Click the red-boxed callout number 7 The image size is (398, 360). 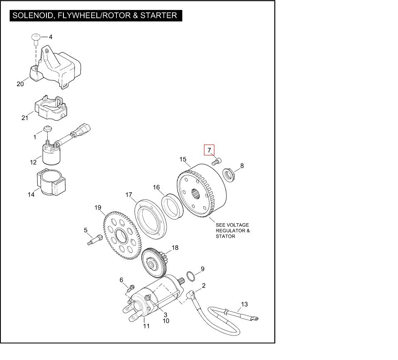tap(209, 150)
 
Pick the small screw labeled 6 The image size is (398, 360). tap(132, 287)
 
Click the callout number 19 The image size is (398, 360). tap(98, 208)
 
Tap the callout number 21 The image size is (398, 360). tap(25, 118)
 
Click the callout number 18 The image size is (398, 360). tap(175, 248)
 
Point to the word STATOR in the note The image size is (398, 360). tap(225, 236)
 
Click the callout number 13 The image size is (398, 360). tap(244, 304)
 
